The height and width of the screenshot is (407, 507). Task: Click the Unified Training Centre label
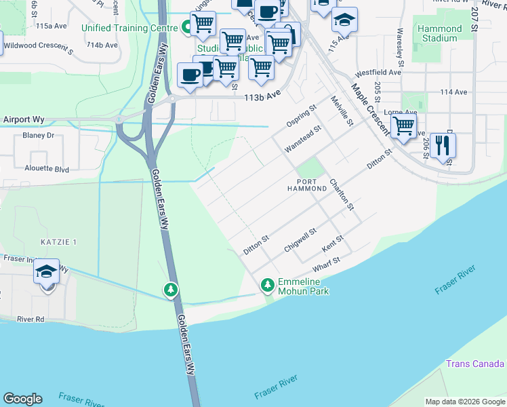[129, 28]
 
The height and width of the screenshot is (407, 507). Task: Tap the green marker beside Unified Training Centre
[188, 28]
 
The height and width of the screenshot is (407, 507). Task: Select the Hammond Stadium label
[439, 34]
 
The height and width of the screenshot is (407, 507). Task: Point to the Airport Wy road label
[24, 119]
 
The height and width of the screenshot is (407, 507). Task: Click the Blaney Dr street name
[38, 136]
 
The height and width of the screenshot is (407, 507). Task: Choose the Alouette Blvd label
[47, 169]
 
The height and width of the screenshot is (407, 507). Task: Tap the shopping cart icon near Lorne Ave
[403, 125]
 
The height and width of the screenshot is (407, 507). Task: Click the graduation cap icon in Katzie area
[46, 272]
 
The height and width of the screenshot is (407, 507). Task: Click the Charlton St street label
[342, 194]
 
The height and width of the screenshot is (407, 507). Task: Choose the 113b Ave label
[262, 97]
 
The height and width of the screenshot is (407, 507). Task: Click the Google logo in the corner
[22, 399]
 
